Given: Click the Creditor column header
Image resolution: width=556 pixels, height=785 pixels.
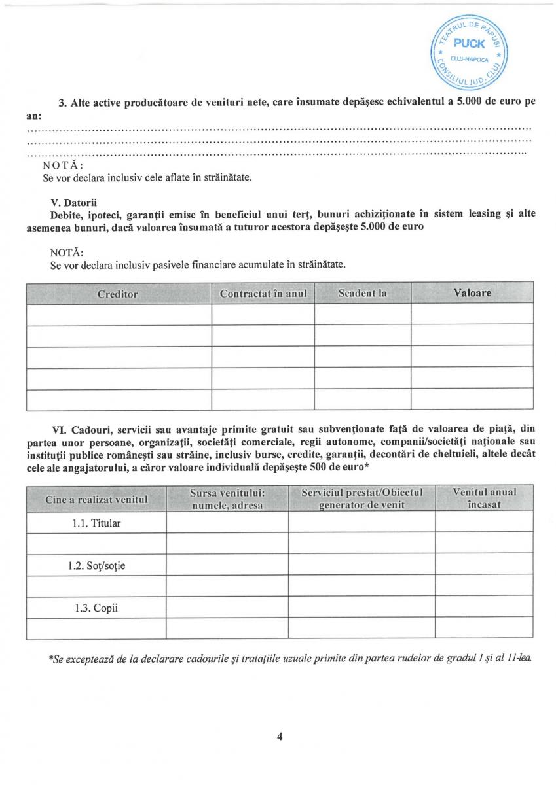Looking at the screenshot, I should tap(118, 294).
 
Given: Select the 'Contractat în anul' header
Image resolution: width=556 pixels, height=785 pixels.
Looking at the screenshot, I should tap(263, 294).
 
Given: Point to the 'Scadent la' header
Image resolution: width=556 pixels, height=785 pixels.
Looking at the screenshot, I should tap(362, 293).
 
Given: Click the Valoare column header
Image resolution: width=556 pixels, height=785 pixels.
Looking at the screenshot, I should tap(472, 293).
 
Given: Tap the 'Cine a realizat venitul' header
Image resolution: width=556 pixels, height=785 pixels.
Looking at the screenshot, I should tap(96, 499).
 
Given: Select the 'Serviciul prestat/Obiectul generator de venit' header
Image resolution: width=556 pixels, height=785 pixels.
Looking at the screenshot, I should tap(361, 498).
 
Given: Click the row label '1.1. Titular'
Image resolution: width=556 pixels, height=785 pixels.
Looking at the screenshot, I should tap(96, 523).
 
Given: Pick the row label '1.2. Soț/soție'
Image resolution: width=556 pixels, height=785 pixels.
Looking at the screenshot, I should tap(96, 565).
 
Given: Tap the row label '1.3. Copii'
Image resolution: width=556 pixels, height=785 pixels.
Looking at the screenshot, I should tap(96, 608).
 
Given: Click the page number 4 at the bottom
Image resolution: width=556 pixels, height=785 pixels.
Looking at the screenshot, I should tap(280, 737).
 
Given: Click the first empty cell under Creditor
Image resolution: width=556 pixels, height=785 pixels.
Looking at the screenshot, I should tap(119, 314).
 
